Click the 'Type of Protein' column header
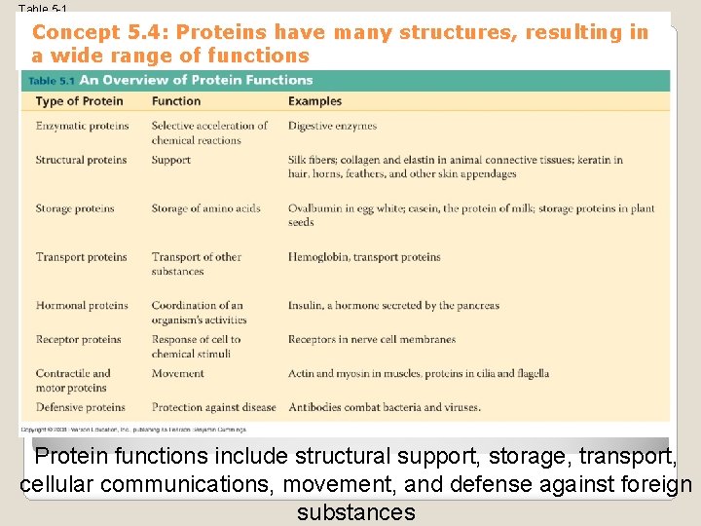79,101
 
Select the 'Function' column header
176,101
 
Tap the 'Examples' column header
314,101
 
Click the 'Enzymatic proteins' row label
82,126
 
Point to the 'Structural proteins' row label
81,160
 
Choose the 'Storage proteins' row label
75,208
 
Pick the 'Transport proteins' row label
81,257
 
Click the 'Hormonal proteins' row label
82,306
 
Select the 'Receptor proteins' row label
78,340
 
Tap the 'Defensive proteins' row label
80,407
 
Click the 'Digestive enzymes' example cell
332,126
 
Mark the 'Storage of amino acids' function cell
205,208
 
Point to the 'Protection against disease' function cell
213,407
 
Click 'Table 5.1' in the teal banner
51,81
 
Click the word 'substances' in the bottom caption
355,511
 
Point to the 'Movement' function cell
177,373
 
